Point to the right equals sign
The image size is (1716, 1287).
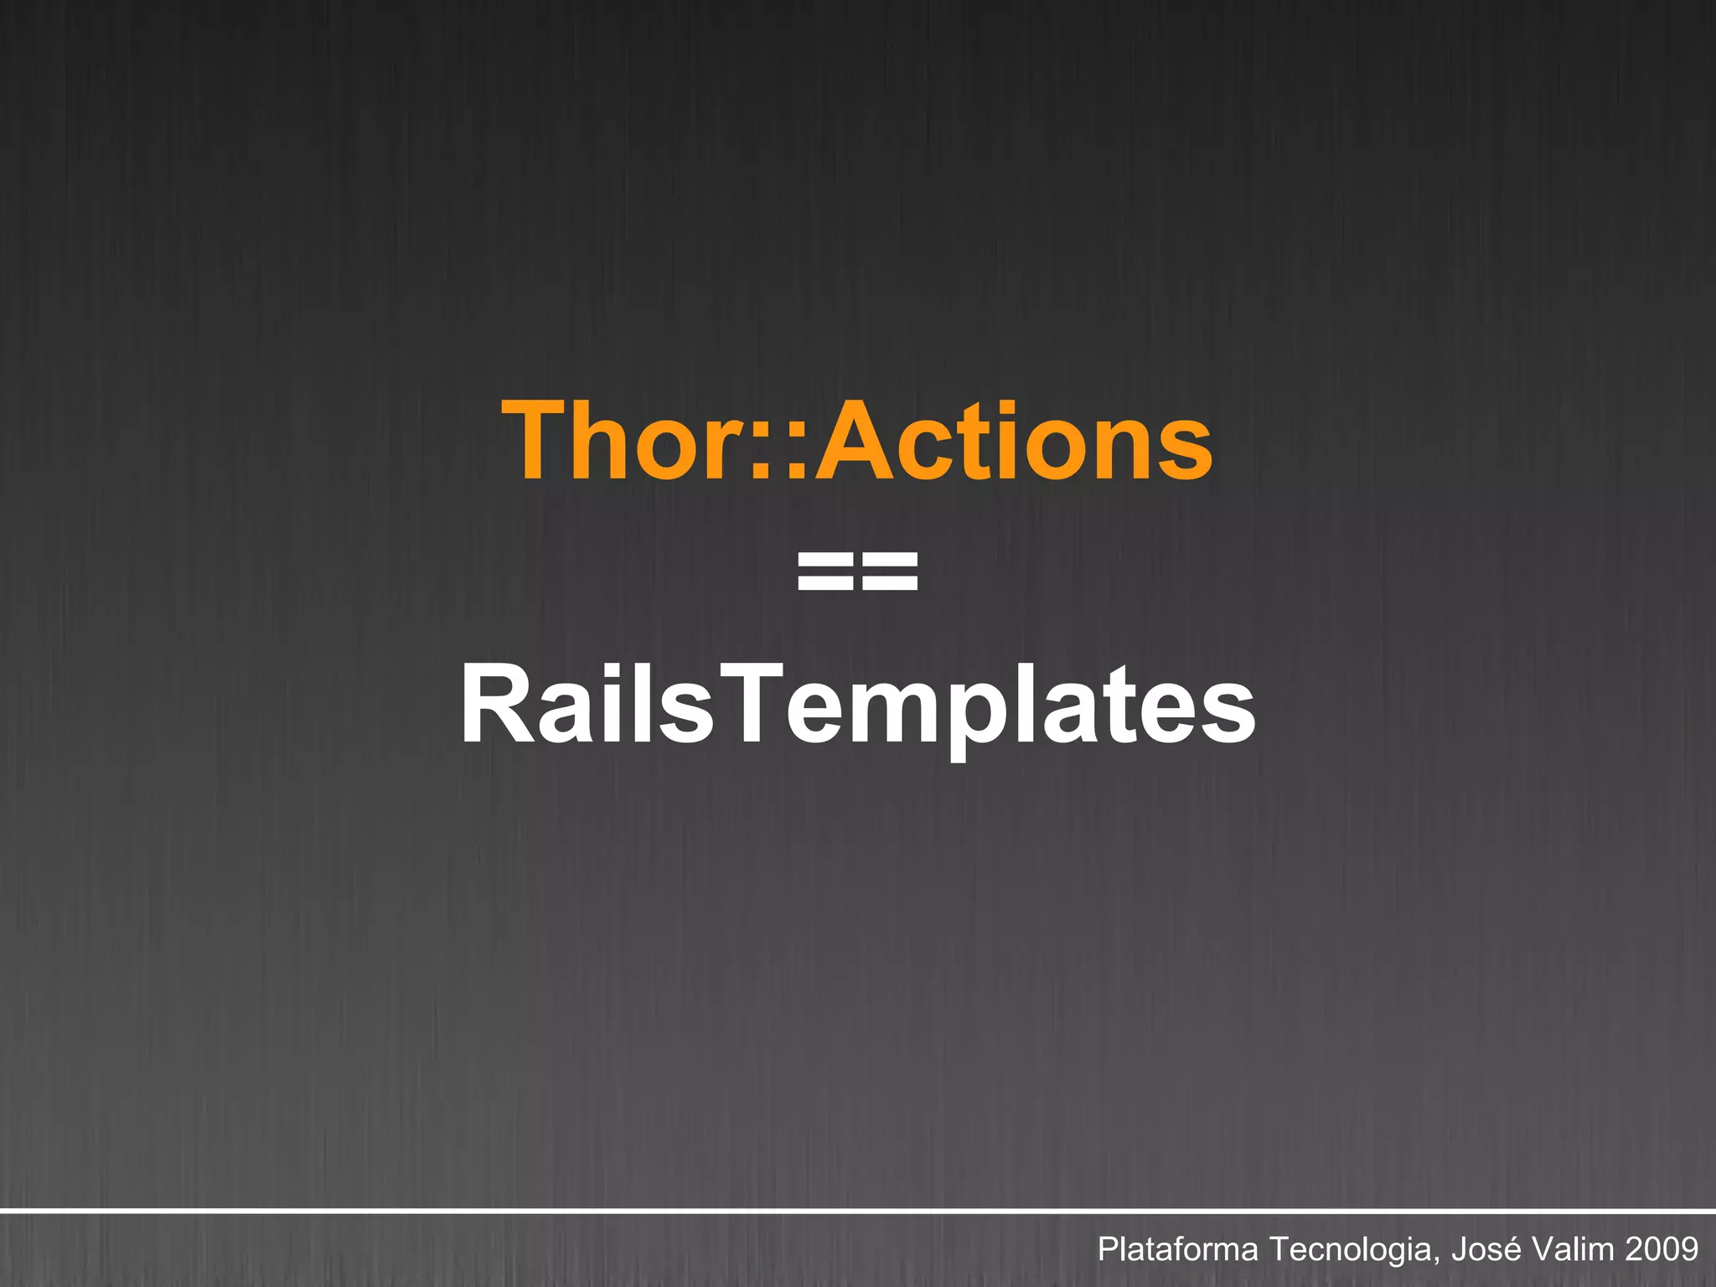[889, 571]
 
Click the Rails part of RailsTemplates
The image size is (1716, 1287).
[587, 704]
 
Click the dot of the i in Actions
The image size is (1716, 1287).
[1010, 408]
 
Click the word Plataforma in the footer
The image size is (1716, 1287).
[1177, 1249]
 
